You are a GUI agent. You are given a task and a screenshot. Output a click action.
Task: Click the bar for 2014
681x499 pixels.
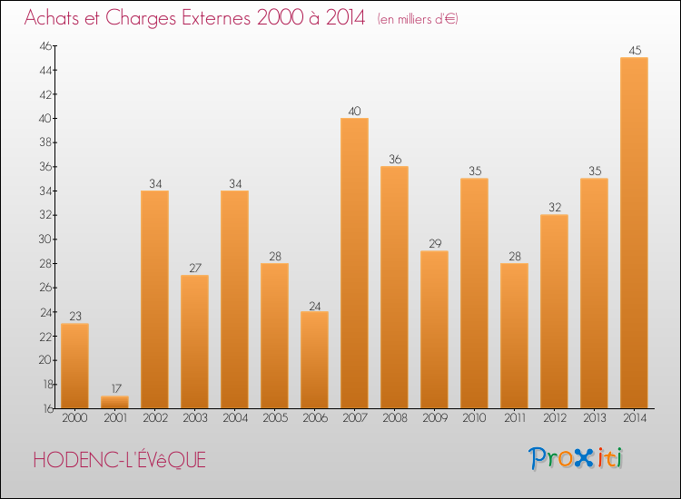coord(634,232)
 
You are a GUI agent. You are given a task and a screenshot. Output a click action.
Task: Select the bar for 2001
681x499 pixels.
coord(114,402)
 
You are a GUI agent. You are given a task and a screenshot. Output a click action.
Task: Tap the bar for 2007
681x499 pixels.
coord(354,263)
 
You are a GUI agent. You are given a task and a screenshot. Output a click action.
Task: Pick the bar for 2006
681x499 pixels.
coord(314,359)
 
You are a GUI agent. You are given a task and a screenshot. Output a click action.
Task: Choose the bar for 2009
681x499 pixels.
coord(434,329)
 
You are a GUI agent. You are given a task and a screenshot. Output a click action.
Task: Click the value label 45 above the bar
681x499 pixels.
coord(634,50)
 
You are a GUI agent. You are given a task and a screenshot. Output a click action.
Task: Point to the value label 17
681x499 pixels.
coord(114,388)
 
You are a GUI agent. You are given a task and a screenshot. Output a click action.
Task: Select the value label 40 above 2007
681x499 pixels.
coord(354,111)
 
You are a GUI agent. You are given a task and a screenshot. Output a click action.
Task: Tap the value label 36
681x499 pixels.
coord(394,159)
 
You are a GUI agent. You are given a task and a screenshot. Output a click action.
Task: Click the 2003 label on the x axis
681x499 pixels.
coord(194,417)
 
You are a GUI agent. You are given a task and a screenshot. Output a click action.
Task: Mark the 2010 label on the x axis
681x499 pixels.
coord(474,417)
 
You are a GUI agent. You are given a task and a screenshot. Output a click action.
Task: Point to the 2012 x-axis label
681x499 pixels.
coord(554,417)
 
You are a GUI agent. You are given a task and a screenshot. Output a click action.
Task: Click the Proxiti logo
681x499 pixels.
coord(577,458)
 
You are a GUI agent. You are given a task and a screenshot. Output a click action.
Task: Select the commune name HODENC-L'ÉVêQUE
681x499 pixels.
coord(120,461)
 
